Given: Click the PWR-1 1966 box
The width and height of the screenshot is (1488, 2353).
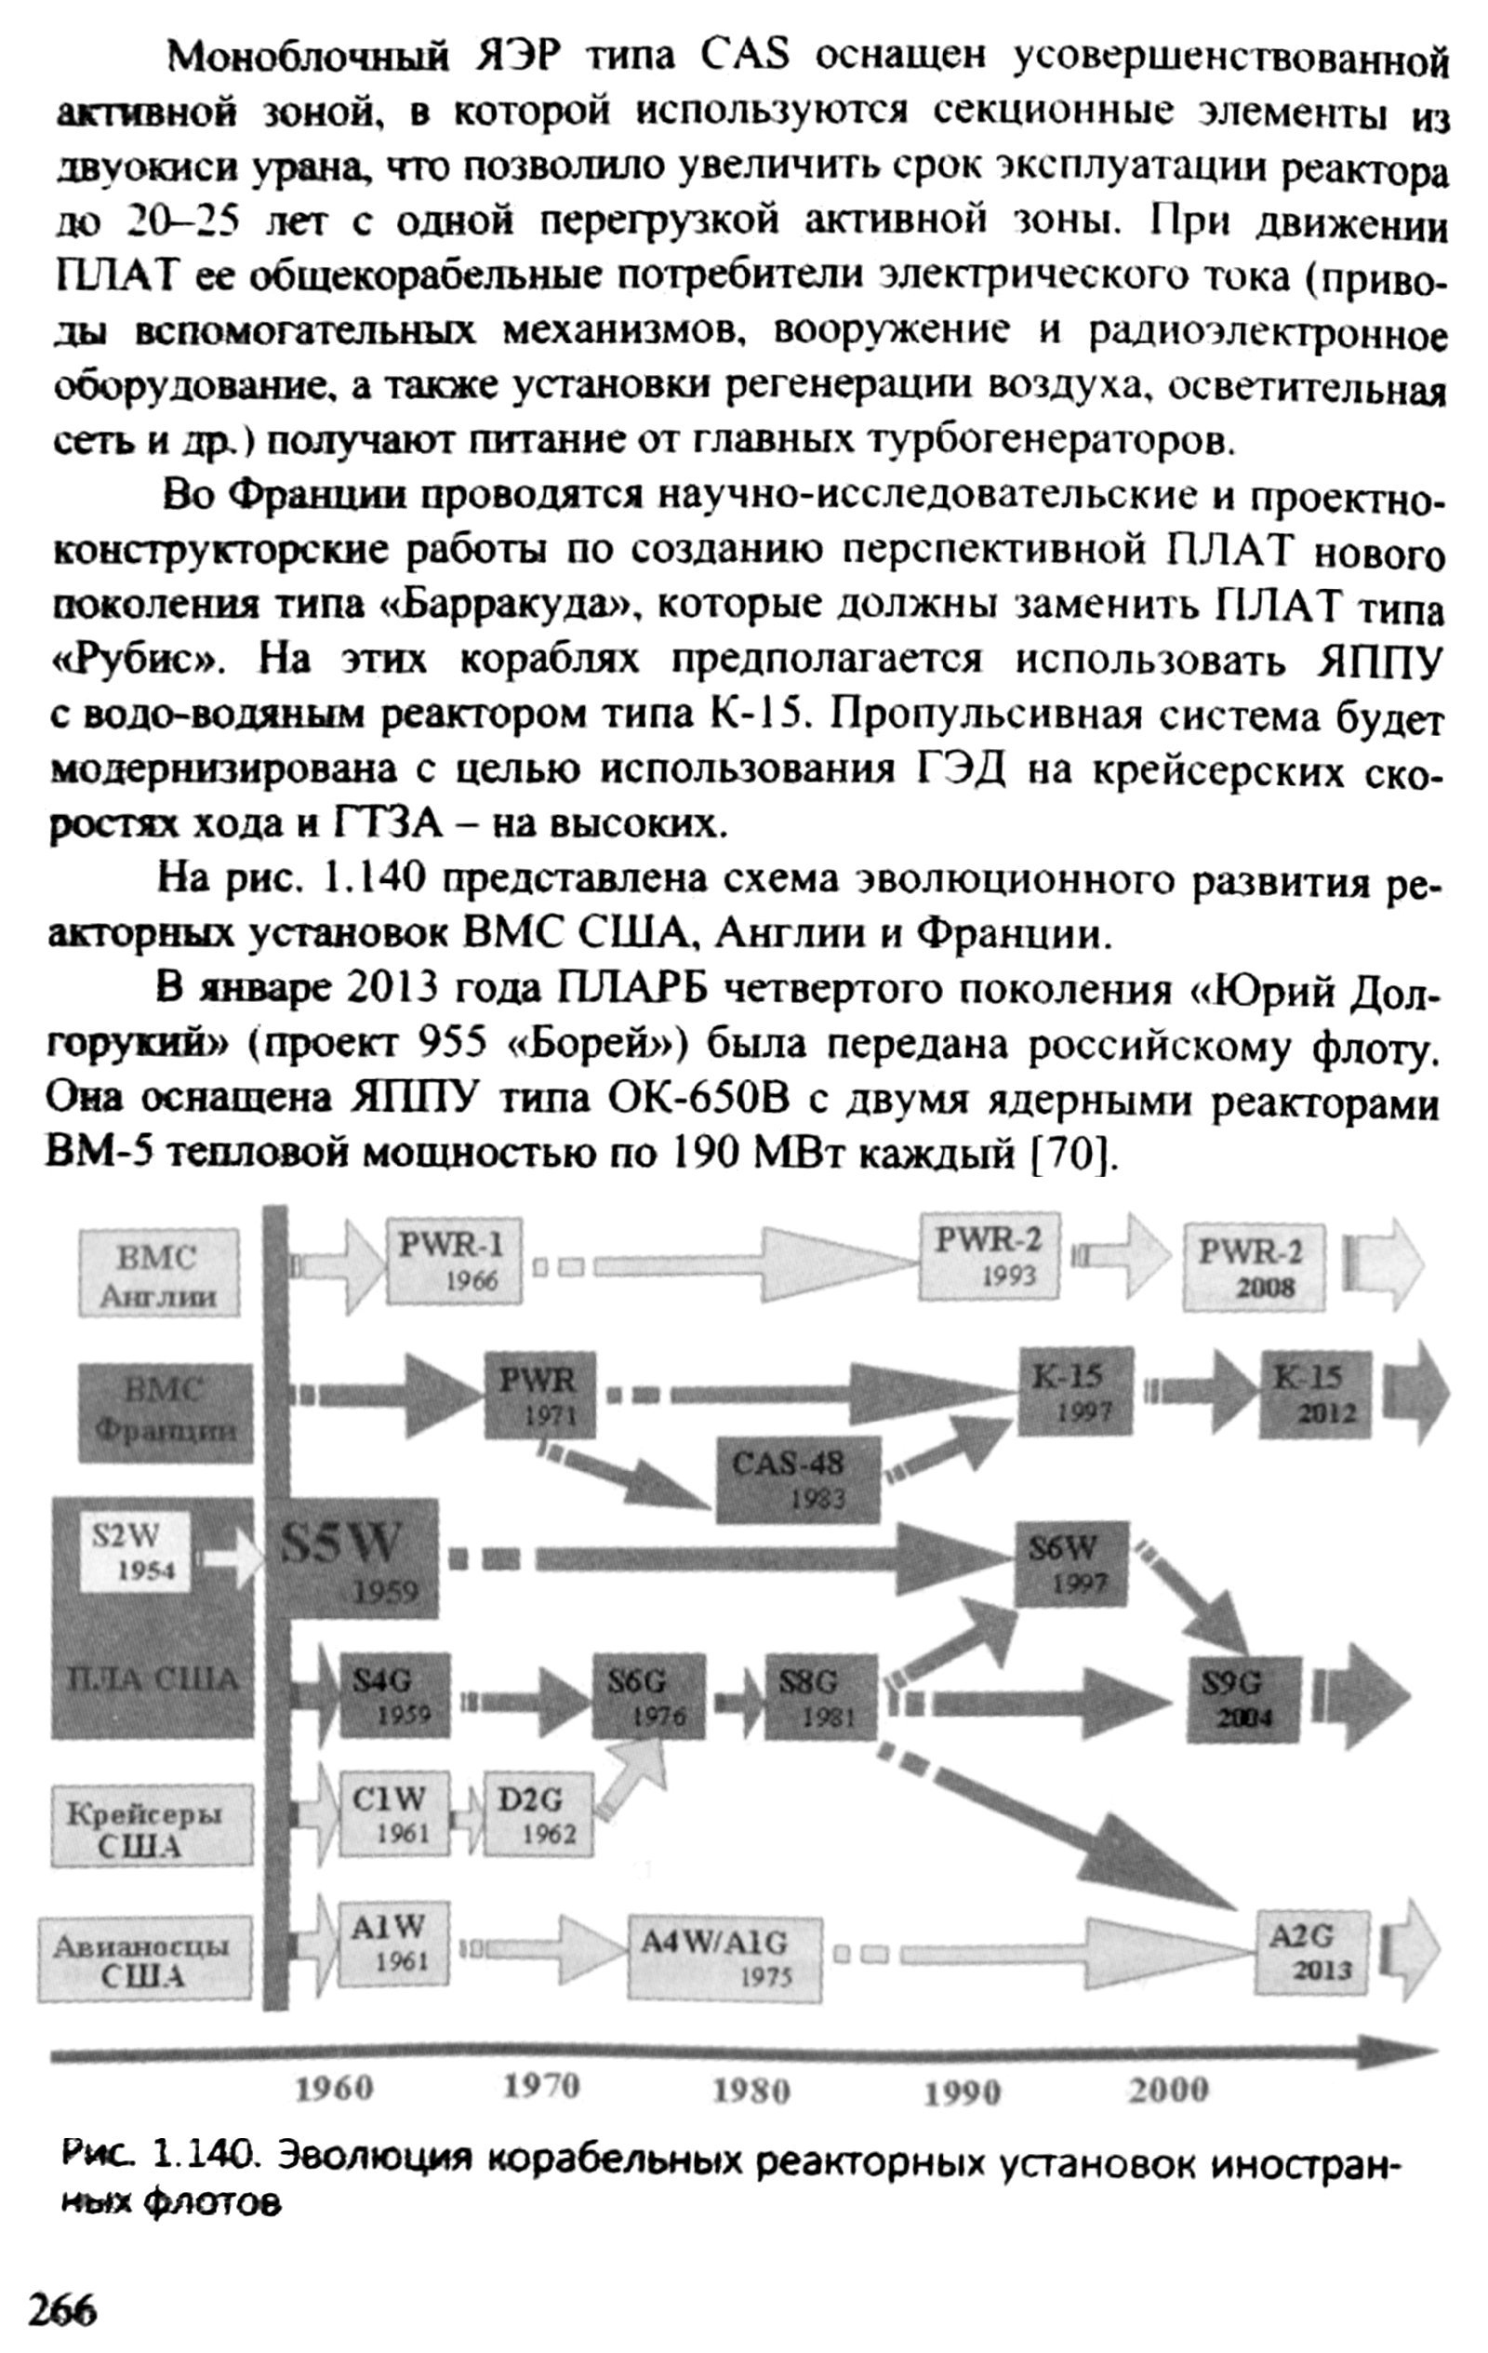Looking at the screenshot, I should pos(453,1261).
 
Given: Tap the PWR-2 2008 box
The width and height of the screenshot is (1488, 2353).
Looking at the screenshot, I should pos(1254,1266).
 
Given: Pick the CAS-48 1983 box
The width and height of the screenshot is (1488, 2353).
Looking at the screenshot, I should pos(797,1479).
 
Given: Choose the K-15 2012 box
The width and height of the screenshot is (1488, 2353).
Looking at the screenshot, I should pos(1314,1395).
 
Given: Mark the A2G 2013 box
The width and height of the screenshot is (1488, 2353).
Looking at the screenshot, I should pos(1311,1951).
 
